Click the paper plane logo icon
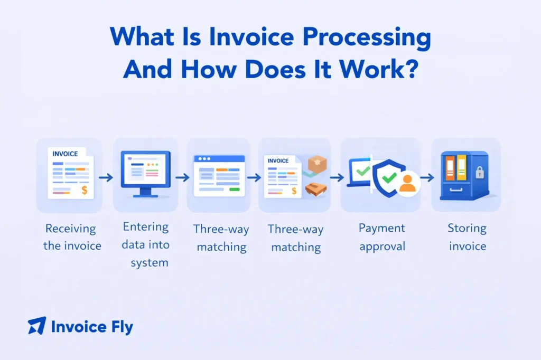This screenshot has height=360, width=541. click(37, 326)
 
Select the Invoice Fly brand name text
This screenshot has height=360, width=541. click(92, 327)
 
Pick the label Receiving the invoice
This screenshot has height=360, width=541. click(70, 237)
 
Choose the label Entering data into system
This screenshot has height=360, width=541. click(146, 244)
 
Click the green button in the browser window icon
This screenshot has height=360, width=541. click(235, 189)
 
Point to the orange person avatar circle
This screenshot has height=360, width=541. click(407, 184)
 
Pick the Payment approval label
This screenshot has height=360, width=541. click(381, 237)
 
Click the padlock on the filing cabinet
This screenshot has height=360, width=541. click(479, 172)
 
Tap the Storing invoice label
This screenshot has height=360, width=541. click(467, 237)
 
